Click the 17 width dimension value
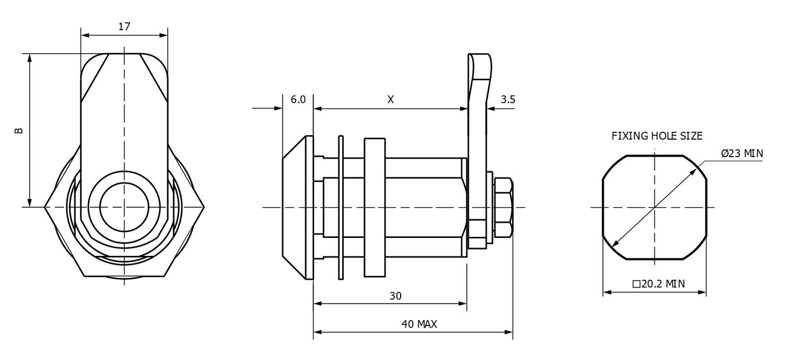click(x=124, y=27)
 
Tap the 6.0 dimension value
click(x=298, y=99)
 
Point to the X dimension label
click(x=391, y=99)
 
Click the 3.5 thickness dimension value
click(x=508, y=99)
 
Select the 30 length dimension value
click(x=395, y=296)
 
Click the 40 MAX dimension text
click(x=419, y=324)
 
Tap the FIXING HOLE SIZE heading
click(x=657, y=136)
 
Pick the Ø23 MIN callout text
click(x=742, y=153)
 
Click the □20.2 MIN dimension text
click(x=659, y=284)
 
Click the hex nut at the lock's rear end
click(x=503, y=208)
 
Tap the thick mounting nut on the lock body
click(x=374, y=207)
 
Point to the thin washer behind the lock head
click(x=341, y=207)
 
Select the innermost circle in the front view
click(x=124, y=207)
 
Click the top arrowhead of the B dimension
click(x=30, y=57)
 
